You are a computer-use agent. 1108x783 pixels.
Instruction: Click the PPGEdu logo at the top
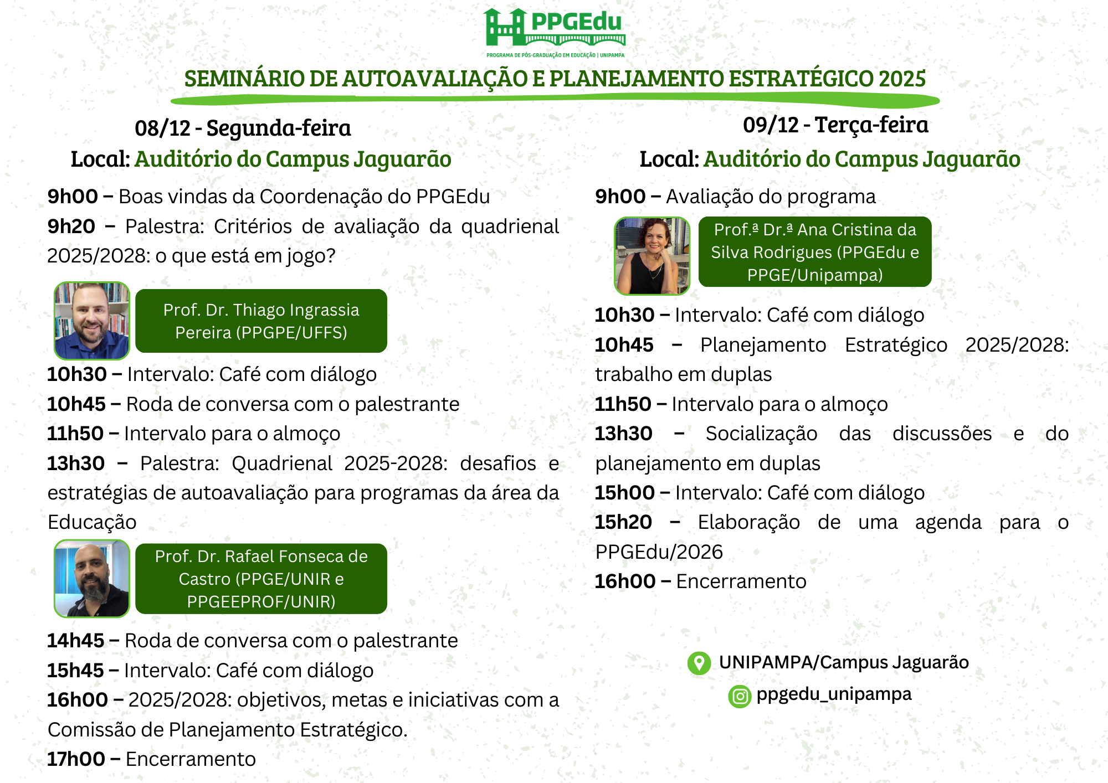point(555,32)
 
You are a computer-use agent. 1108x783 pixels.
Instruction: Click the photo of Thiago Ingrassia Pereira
point(92,321)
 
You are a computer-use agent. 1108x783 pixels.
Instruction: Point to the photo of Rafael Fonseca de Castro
point(92,579)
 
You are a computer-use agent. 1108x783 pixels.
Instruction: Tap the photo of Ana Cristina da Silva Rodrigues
point(652,255)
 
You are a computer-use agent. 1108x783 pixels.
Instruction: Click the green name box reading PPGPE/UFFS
point(261,321)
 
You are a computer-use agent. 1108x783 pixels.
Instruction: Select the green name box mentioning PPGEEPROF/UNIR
point(261,579)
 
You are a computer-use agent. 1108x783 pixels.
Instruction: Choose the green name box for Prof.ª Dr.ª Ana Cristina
point(814,252)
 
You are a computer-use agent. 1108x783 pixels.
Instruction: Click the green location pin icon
point(699,663)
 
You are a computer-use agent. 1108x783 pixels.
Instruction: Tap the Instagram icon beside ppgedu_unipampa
point(740,696)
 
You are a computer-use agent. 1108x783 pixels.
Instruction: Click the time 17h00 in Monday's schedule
point(76,759)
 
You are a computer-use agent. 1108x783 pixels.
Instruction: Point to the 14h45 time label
point(75,641)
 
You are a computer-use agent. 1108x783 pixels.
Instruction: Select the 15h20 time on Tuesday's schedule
point(623,522)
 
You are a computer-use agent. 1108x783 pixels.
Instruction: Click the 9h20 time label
point(71,226)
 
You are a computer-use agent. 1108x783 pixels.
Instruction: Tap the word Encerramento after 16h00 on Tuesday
point(741,581)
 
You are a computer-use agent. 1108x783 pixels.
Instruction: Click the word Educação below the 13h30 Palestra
point(92,522)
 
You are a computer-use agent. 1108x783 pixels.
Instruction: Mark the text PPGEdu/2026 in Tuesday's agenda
point(659,552)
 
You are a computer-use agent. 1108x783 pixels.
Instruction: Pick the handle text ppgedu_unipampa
point(834,694)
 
